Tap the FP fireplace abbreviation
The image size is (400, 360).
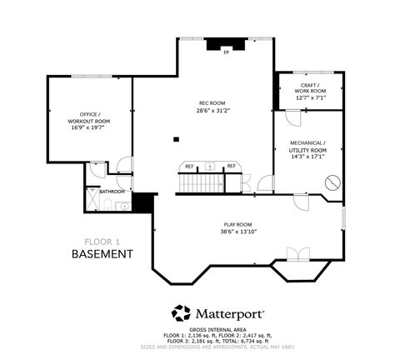pyautogui.click(x=226, y=52)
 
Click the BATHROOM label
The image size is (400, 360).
pyautogui.click(x=112, y=192)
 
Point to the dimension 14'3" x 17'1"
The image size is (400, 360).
pyautogui.click(x=308, y=156)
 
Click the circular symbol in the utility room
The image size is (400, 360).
pyautogui.click(x=333, y=182)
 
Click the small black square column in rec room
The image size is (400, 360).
pyautogui.click(x=177, y=139)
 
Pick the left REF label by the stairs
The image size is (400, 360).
pyautogui.click(x=189, y=166)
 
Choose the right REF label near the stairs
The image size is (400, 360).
pyautogui.click(x=231, y=166)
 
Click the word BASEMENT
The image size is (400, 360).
pyautogui.click(x=101, y=252)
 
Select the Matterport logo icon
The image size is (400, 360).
pyautogui.click(x=180, y=314)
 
